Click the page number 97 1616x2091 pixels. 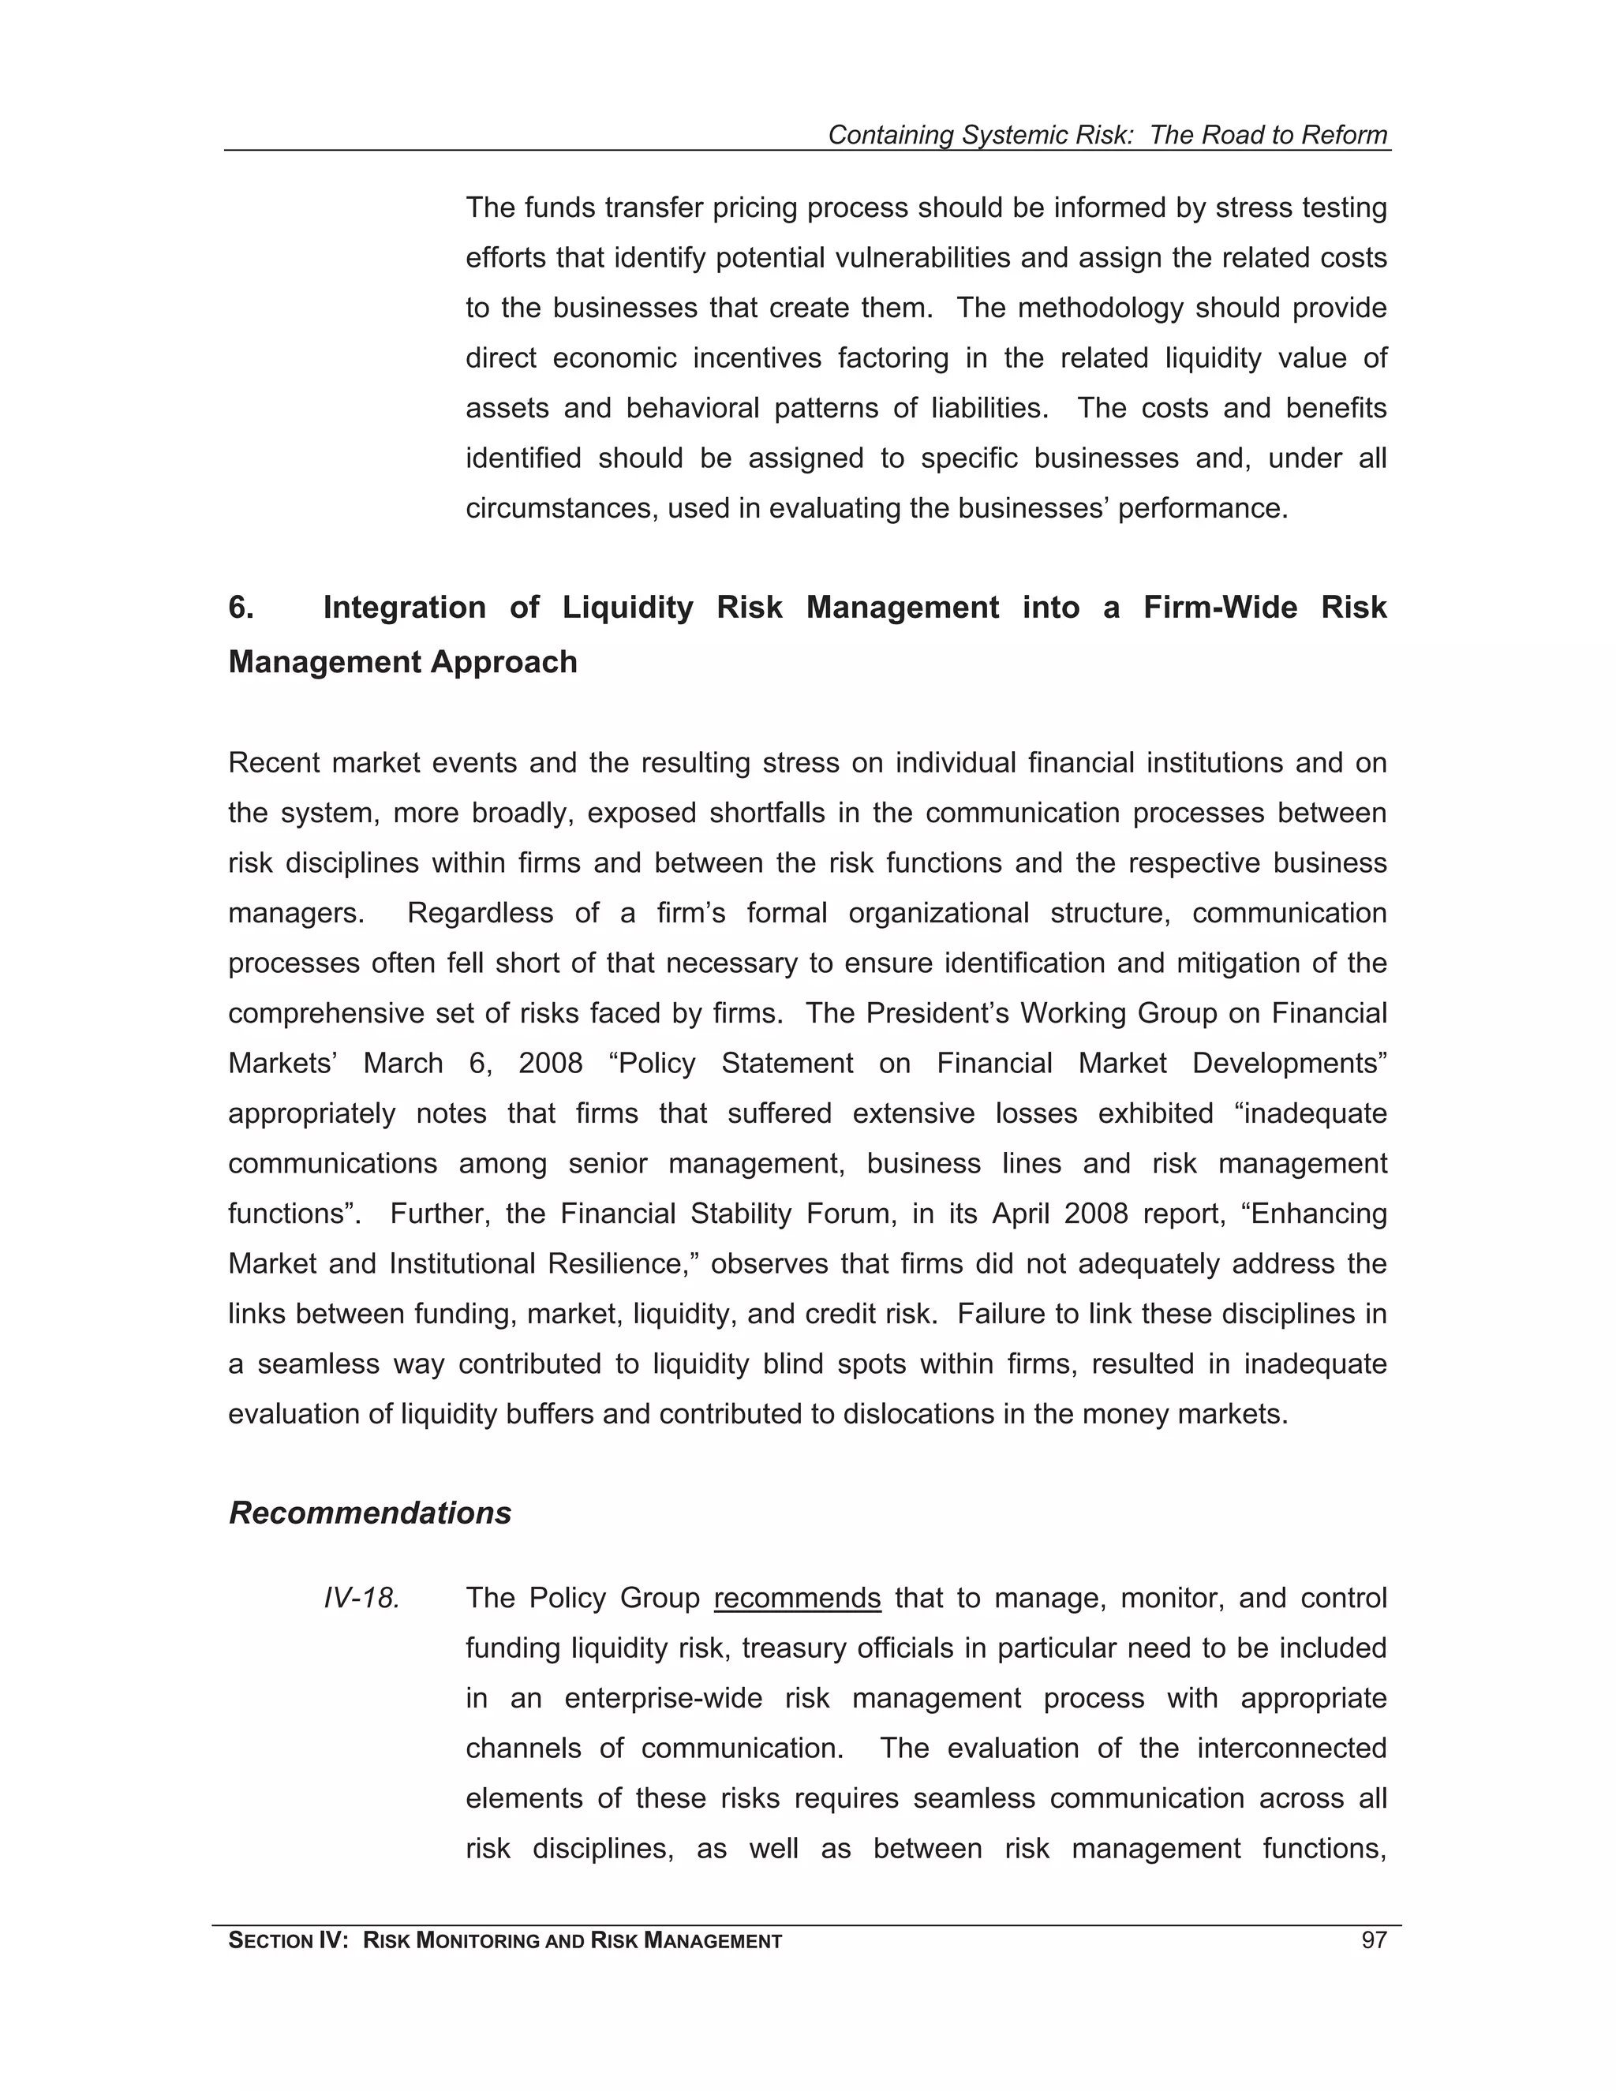pyautogui.click(x=1373, y=1941)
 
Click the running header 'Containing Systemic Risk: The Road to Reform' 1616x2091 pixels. pyautogui.click(x=1107, y=135)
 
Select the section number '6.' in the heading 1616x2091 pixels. pyautogui.click(x=241, y=607)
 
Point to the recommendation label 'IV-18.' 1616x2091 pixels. pyautogui.click(x=361, y=1598)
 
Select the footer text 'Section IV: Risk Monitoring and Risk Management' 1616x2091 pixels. pyautogui.click(x=504, y=1941)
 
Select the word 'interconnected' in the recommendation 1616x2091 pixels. pyautogui.click(x=1292, y=1749)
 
